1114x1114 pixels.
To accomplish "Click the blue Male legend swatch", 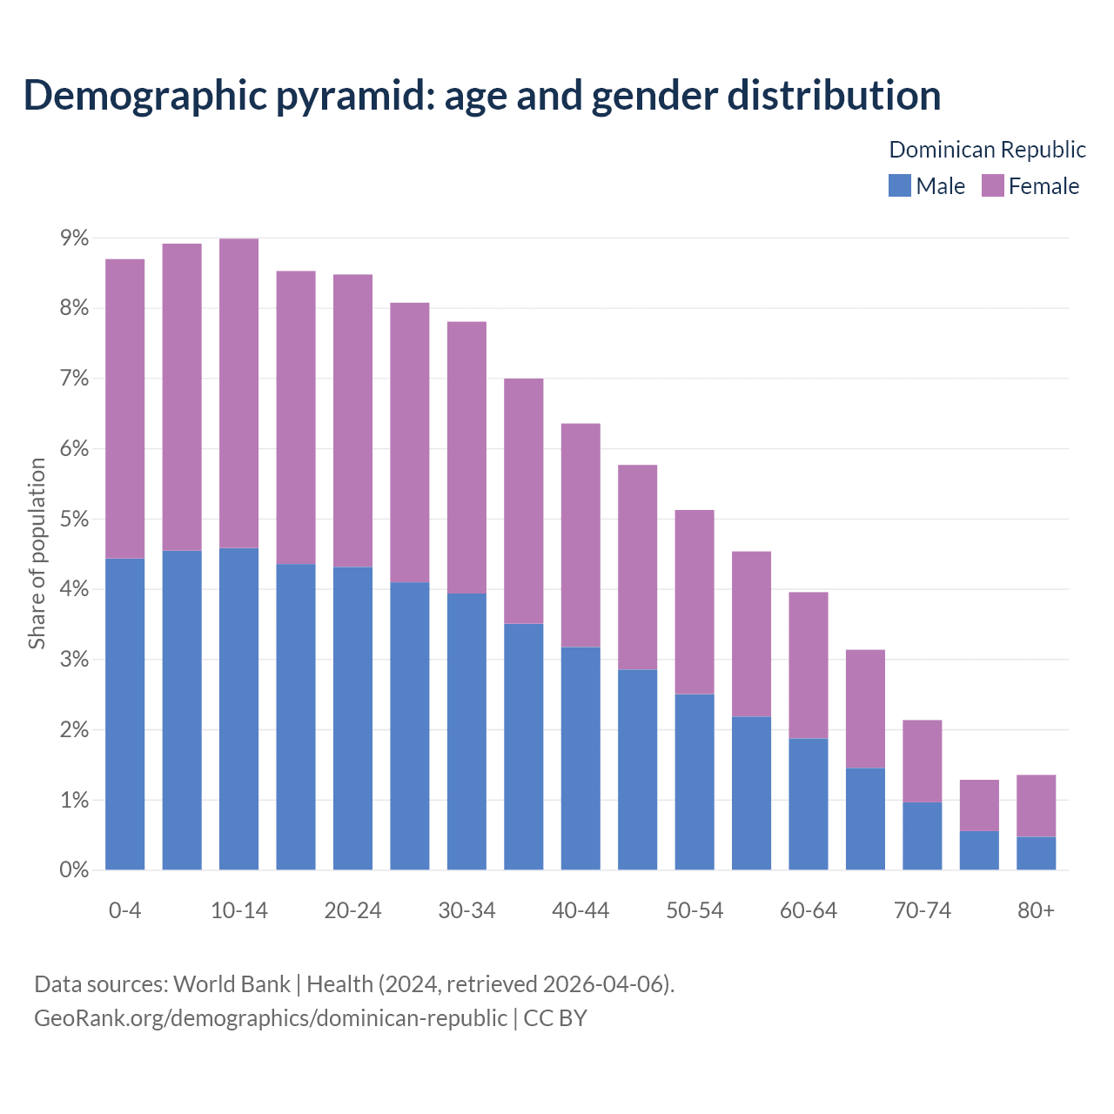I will tap(899, 185).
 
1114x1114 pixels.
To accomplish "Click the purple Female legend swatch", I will tap(992, 185).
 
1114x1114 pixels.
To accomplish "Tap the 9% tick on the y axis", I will tap(74, 238).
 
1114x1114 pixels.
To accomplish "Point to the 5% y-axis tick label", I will tap(74, 520).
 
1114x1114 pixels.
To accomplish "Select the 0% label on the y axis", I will tap(74, 870).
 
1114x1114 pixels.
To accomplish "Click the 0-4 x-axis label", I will tap(125, 910).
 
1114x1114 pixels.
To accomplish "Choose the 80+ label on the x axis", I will tap(1036, 910).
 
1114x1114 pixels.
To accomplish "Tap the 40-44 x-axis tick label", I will tap(580, 910).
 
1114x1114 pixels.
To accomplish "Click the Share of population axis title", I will tap(37, 554).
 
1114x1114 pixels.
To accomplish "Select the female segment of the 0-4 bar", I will tap(125, 409).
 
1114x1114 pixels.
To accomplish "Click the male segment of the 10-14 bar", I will tap(239, 709).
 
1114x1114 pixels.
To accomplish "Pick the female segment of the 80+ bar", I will tap(1036, 806).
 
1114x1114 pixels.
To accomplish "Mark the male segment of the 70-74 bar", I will tap(923, 835).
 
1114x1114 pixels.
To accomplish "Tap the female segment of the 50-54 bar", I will tap(695, 602).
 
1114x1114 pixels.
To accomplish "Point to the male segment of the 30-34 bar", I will tap(466, 731).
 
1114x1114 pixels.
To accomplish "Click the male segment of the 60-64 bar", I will tap(809, 804).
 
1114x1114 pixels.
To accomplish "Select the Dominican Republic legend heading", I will tap(987, 150).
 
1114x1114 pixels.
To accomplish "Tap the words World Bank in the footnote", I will tap(232, 984).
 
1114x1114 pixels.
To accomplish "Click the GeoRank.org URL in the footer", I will tap(270, 1017).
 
